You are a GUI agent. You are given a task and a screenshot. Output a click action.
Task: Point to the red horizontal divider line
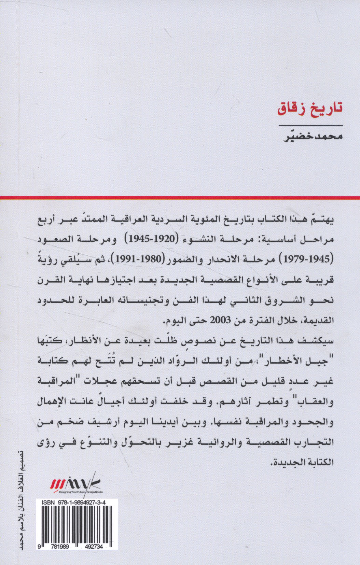[180, 198]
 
